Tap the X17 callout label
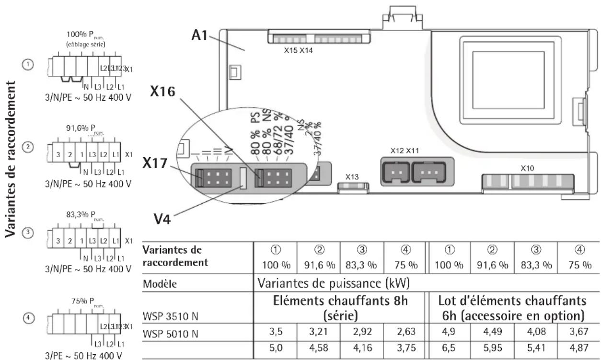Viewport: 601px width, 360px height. [155, 164]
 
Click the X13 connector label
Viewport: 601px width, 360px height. [352, 176]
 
